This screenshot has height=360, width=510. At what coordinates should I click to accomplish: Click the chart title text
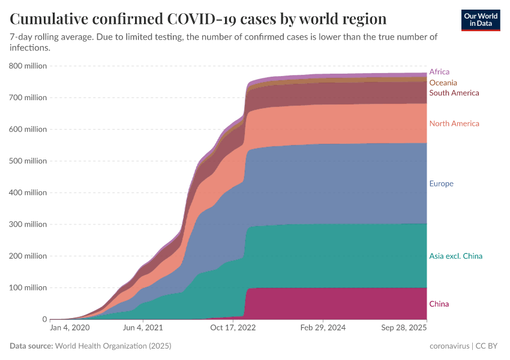pyautogui.click(x=198, y=18)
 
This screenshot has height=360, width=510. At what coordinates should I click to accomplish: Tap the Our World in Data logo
pyautogui.click(x=481, y=20)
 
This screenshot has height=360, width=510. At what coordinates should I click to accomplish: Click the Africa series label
pyautogui.click(x=439, y=72)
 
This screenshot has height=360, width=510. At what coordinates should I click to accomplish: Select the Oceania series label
pyautogui.click(x=443, y=83)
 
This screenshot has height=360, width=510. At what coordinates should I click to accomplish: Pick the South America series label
pyautogui.click(x=454, y=93)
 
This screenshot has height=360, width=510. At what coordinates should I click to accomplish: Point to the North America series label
pyautogui.click(x=454, y=124)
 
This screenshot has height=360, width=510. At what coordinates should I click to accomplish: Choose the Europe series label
pyautogui.click(x=441, y=184)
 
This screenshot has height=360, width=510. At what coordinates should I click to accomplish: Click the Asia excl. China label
pyautogui.click(x=455, y=256)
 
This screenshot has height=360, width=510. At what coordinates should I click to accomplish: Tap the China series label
pyautogui.click(x=439, y=304)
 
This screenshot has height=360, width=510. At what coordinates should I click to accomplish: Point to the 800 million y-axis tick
pyautogui.click(x=28, y=66)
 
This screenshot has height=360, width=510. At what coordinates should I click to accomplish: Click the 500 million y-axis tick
pyautogui.click(x=28, y=161)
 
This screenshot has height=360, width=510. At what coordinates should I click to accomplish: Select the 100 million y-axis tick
pyautogui.click(x=28, y=288)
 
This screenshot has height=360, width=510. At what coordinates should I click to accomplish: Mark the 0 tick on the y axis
pyautogui.click(x=44, y=320)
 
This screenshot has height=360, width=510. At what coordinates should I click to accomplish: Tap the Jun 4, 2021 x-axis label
pyautogui.click(x=142, y=329)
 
